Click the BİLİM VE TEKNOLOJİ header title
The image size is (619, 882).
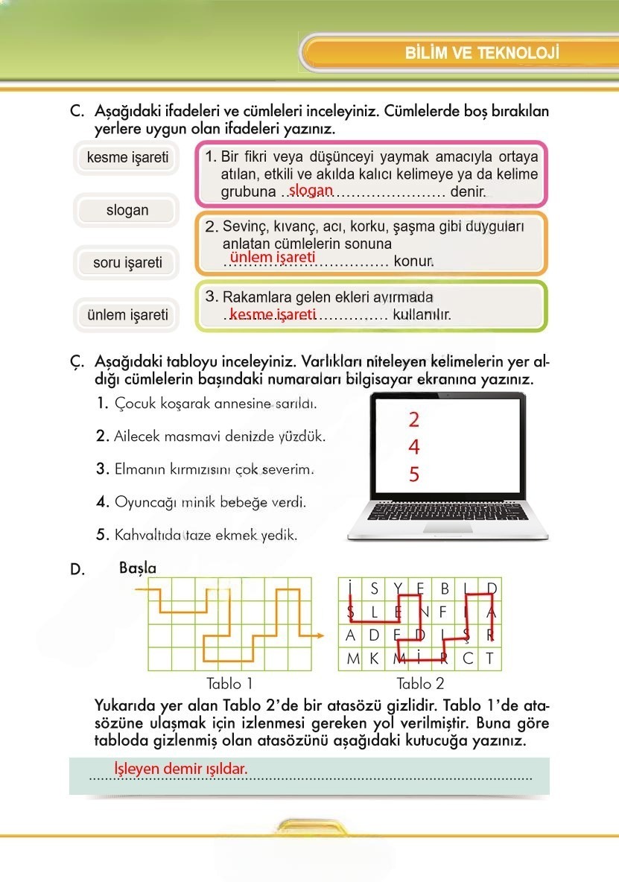pyautogui.click(x=481, y=54)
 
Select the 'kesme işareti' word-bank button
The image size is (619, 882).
pyautogui.click(x=127, y=158)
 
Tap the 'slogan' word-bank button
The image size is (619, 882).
pyautogui.click(x=127, y=210)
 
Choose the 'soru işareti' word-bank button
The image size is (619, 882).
pyautogui.click(x=127, y=262)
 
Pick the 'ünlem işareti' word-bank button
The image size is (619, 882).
pyautogui.click(x=127, y=314)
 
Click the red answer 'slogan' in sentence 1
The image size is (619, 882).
pyautogui.click(x=311, y=191)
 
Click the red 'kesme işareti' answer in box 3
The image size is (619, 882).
pyautogui.click(x=273, y=314)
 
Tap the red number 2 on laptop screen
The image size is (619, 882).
pyautogui.click(x=414, y=420)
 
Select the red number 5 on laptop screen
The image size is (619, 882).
pyautogui.click(x=414, y=475)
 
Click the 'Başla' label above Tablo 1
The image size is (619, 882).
pyautogui.click(x=138, y=568)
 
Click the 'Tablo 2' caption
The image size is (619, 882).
pyautogui.click(x=420, y=683)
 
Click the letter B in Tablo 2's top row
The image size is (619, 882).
pyautogui.click(x=445, y=589)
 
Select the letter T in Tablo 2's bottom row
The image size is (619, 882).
pyautogui.click(x=489, y=659)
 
